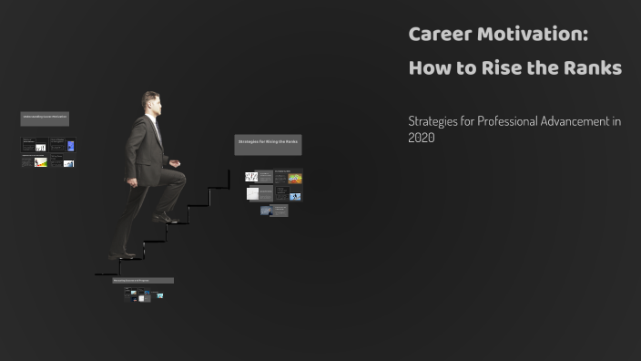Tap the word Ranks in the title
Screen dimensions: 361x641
[x=591, y=68]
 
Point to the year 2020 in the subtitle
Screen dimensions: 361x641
[x=422, y=139]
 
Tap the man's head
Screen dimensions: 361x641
[x=151, y=103]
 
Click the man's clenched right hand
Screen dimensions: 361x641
[x=175, y=165]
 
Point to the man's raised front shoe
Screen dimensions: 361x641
[x=166, y=218]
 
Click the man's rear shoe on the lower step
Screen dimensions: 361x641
[x=123, y=256]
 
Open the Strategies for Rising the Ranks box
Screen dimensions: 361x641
[x=268, y=143]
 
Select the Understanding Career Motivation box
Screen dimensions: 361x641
[x=45, y=119]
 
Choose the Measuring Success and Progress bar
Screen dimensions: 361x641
[x=142, y=281]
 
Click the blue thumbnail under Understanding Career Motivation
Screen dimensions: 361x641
[x=70, y=146]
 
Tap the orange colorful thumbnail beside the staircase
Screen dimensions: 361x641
[x=295, y=179]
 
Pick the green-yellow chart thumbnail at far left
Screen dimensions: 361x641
[x=40, y=163]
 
